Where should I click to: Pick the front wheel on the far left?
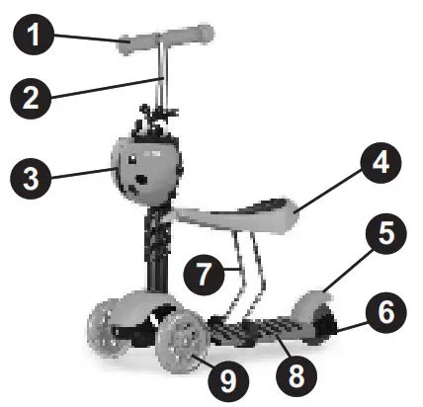tap(102, 331)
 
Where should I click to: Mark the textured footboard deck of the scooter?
tap(259, 325)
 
